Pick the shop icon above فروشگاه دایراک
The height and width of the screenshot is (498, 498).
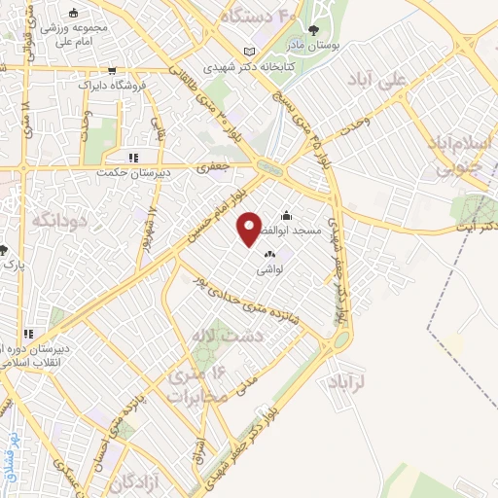114,71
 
